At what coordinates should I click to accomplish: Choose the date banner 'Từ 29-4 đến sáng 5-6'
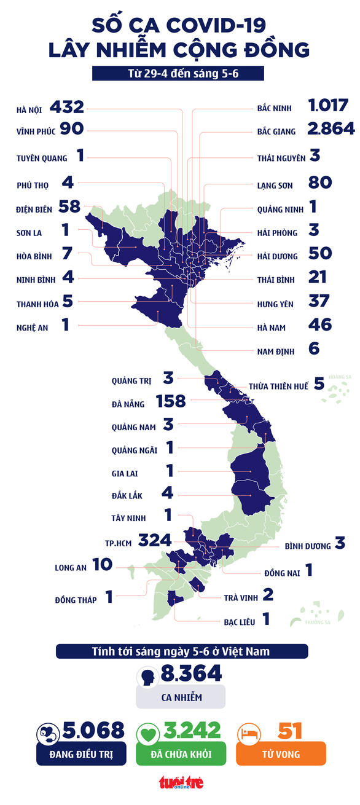click(178, 74)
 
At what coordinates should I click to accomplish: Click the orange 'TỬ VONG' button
click(281, 753)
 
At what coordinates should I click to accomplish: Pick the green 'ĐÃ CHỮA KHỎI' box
click(181, 753)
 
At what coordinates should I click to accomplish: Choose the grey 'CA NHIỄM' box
click(181, 697)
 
